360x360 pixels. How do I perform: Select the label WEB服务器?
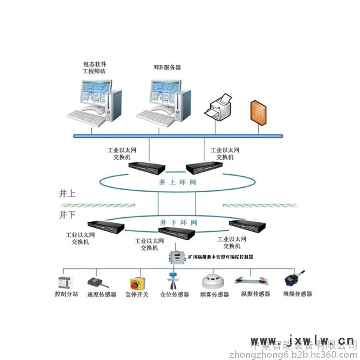pyautogui.click(x=167, y=67)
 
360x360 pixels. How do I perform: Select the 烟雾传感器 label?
pyautogui.click(x=214, y=295)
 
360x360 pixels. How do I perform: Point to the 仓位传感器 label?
pyautogui.click(x=175, y=295)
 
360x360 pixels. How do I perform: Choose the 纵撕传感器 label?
pyautogui.click(x=256, y=294)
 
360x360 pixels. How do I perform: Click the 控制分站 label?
pyautogui.click(x=66, y=294)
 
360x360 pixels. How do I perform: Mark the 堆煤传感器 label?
pyautogui.click(x=297, y=294)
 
